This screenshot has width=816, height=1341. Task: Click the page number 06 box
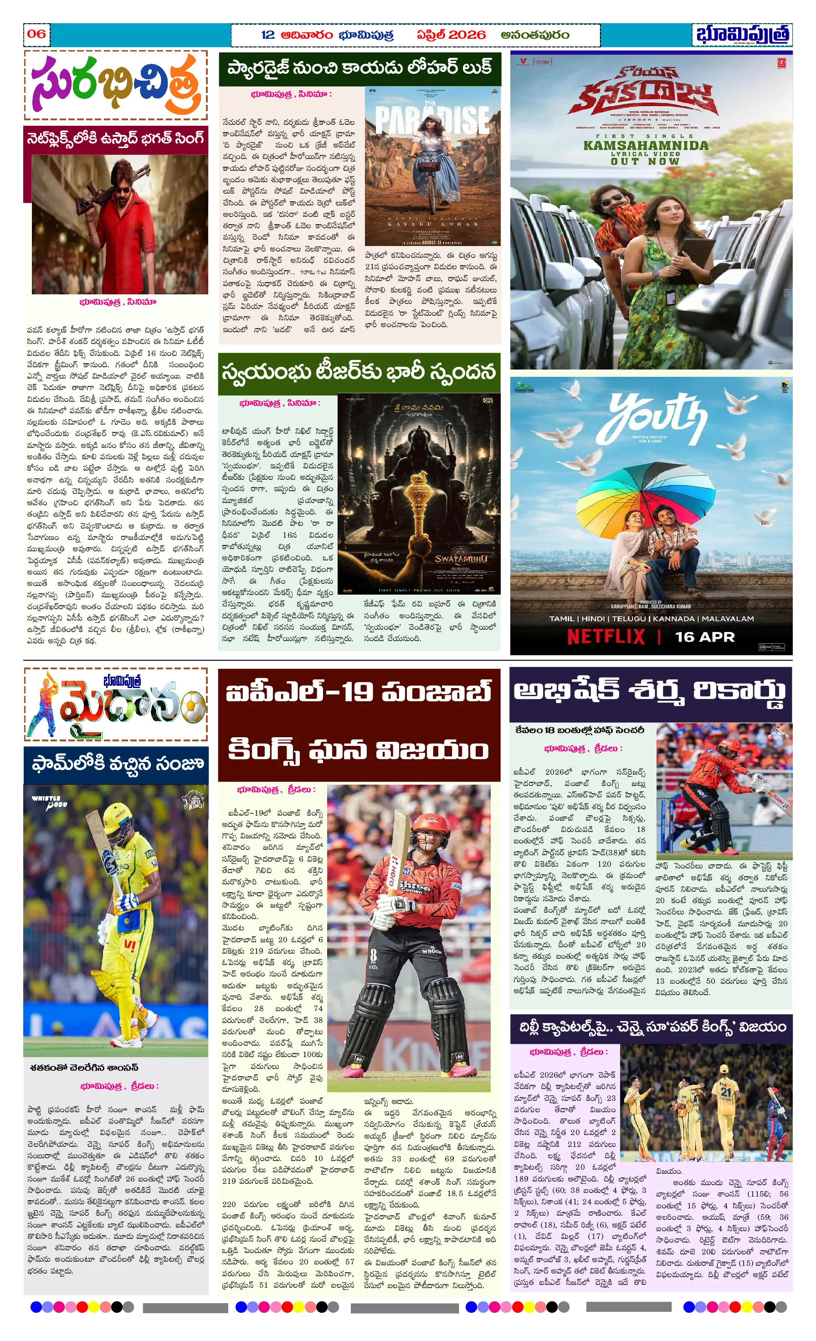coord(36,34)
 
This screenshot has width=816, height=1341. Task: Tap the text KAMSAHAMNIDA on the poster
coord(646,145)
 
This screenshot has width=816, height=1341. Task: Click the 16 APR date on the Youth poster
coord(704,637)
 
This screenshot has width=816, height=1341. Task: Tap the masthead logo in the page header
coord(742,35)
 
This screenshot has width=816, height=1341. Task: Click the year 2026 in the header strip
coord(467,35)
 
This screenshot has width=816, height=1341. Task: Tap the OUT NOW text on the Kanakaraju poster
coord(645,161)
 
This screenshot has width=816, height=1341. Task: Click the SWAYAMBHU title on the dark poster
coord(461,559)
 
